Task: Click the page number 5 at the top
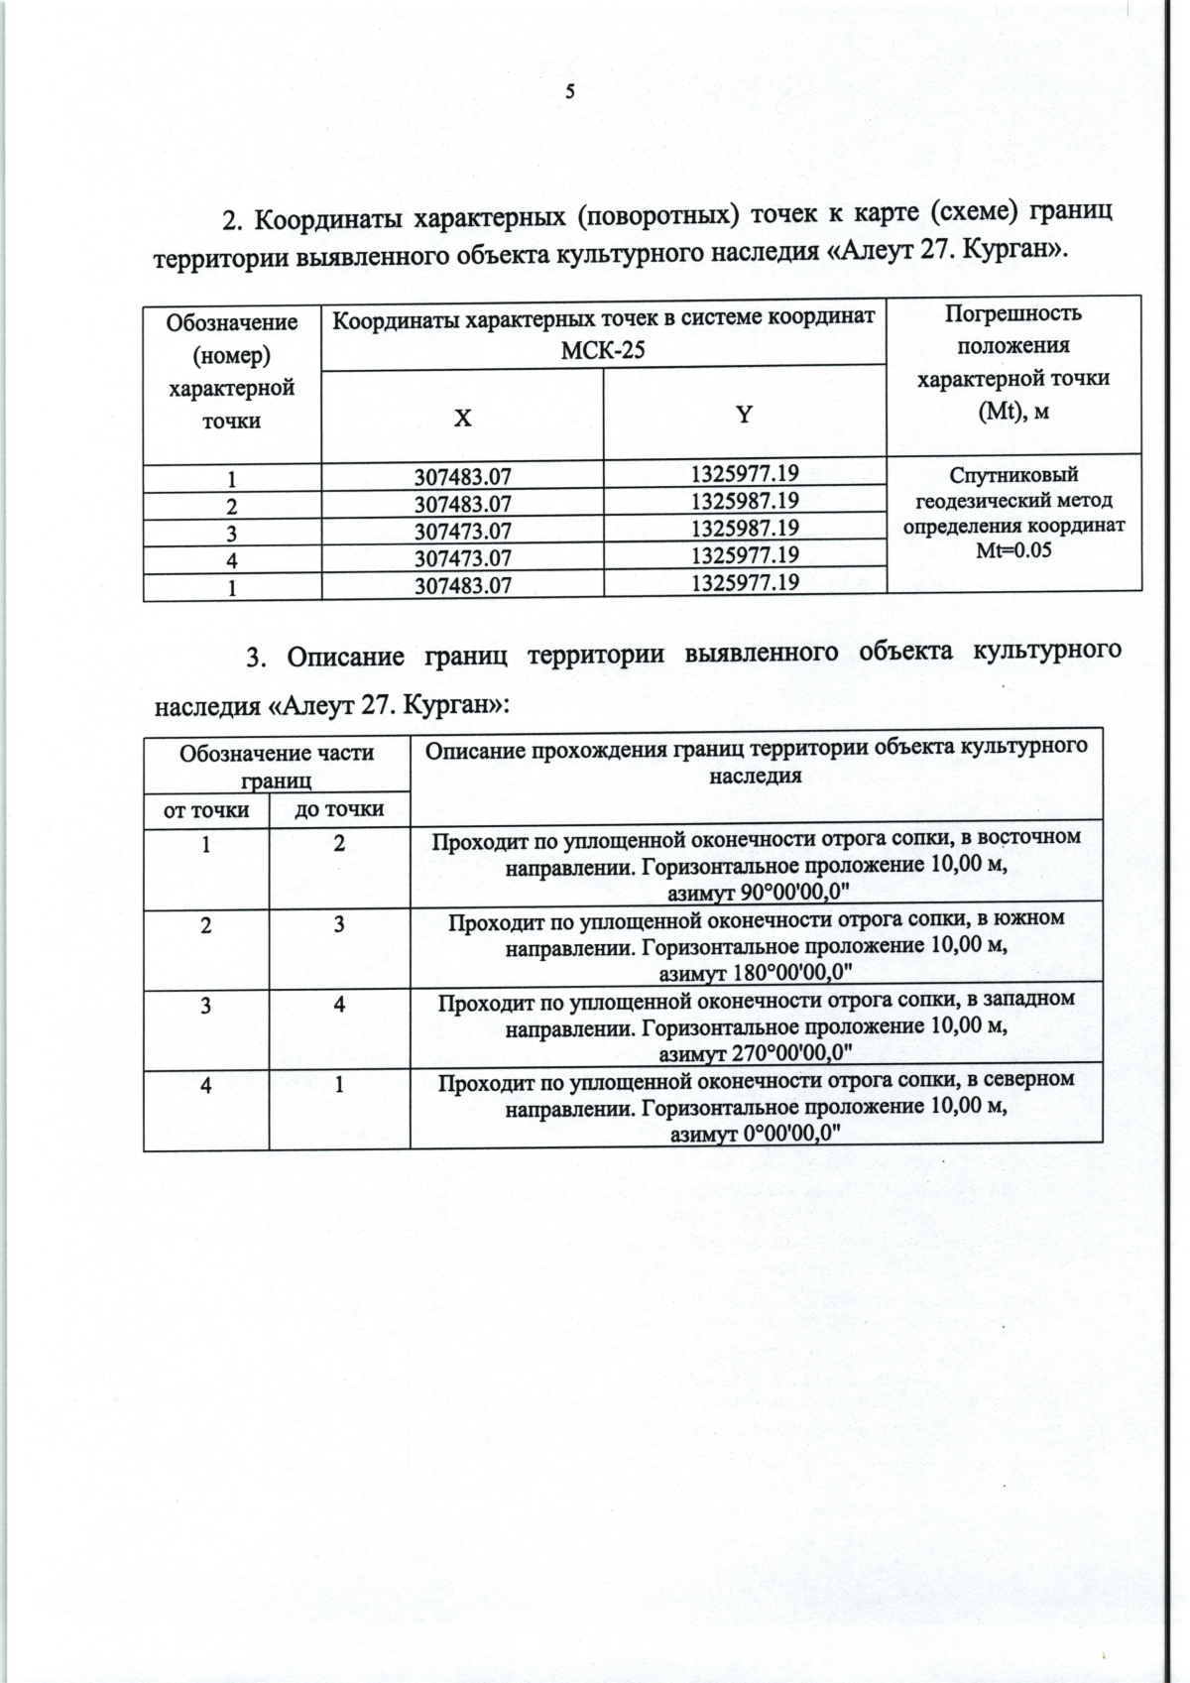[569, 92]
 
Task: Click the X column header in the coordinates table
[462, 419]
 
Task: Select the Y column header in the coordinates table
[744, 415]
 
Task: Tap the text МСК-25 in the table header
[603, 350]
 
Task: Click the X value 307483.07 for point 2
[462, 504]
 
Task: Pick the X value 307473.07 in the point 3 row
[462, 532]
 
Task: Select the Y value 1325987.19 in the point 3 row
[745, 528]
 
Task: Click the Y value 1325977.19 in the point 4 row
[745, 554]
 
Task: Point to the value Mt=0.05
[1013, 550]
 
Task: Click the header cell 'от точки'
[206, 810]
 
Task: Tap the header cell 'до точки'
[339, 809]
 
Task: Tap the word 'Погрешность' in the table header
[1013, 314]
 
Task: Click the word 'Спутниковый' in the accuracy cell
[1013, 475]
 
